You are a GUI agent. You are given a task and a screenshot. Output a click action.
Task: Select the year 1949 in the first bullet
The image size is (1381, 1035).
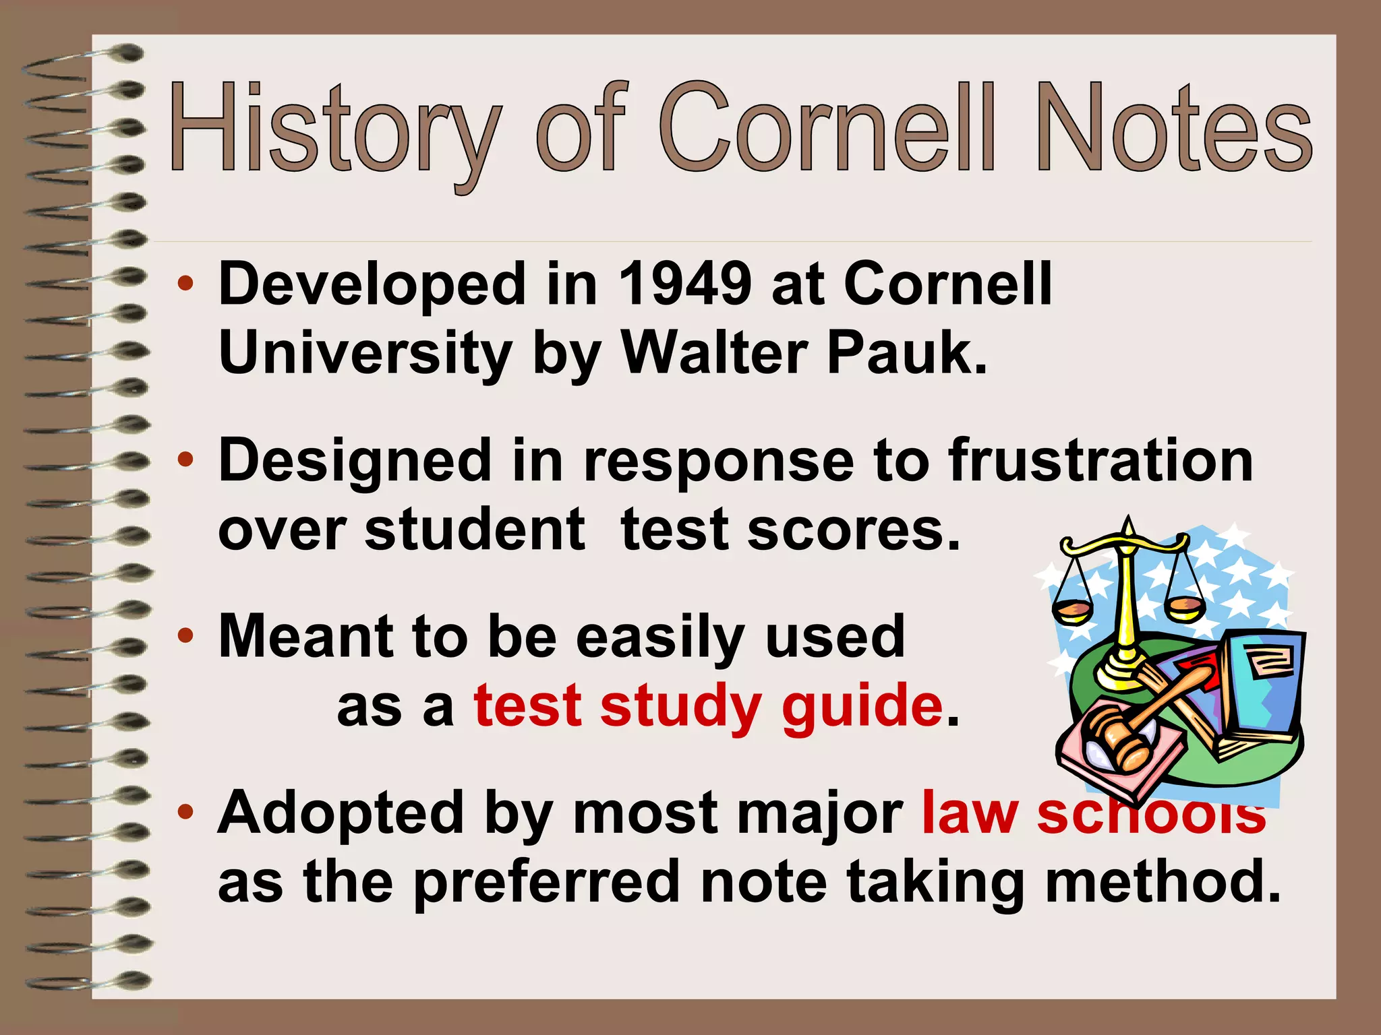coord(684,284)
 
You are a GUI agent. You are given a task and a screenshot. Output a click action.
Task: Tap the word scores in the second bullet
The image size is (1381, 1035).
coord(852,530)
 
